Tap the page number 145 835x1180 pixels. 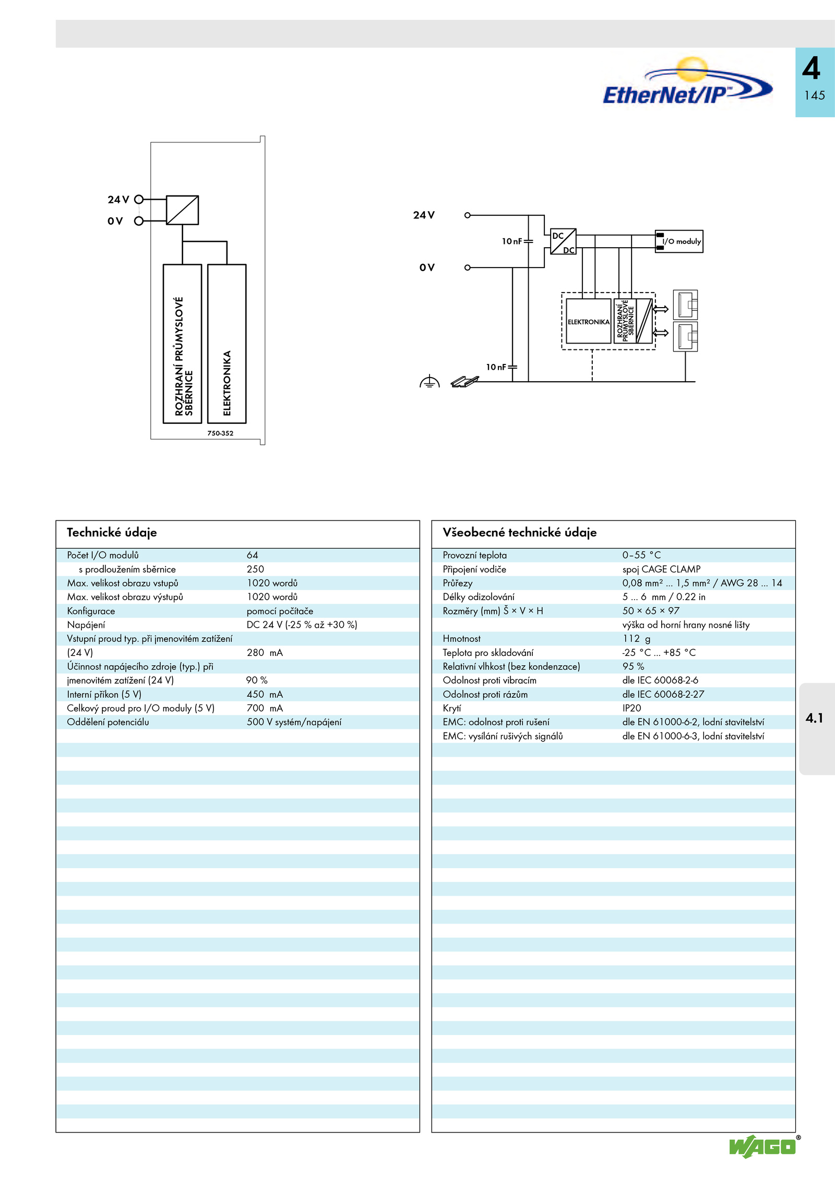814,95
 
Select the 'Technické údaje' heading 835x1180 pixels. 112,532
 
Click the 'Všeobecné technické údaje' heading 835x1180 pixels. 519,532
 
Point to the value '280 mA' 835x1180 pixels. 265,652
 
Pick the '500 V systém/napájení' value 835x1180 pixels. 294,722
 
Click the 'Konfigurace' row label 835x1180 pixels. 91,611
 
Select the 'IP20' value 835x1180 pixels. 631,708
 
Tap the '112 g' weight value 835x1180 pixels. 636,639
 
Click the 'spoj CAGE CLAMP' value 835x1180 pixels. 661,569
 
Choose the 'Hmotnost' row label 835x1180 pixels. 461,639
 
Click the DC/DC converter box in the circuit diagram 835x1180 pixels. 563,241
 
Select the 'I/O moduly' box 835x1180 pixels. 679,241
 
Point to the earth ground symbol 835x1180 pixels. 430,382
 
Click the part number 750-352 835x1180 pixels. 220,433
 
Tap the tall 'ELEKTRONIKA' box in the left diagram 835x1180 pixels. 227,344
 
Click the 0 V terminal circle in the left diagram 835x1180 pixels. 139,221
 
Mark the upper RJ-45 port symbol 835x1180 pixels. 685,305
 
